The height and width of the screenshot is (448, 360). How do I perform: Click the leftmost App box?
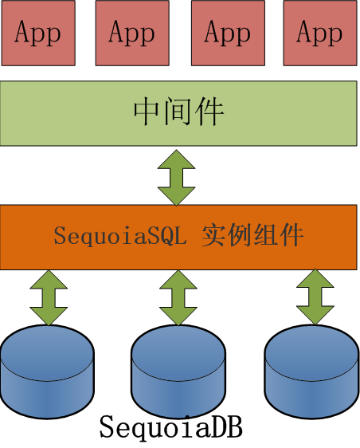pyautogui.click(x=38, y=33)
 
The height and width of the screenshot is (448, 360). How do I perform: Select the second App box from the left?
pyautogui.click(x=132, y=33)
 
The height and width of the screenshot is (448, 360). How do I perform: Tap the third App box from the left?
pyautogui.click(x=228, y=33)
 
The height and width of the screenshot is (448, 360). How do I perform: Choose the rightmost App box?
pyautogui.click(x=320, y=33)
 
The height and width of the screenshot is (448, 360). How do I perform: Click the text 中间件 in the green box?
pyautogui.click(x=178, y=112)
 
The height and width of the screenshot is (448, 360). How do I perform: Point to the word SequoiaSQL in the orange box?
pyautogui.click(x=120, y=236)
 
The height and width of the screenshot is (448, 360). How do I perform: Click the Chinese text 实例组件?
pyautogui.click(x=252, y=235)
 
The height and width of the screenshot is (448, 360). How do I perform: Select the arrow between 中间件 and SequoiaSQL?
pyautogui.click(x=177, y=178)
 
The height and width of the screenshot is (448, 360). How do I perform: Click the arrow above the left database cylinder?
pyautogui.click(x=49, y=297)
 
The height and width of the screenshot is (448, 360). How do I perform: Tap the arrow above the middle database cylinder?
pyautogui.click(x=178, y=297)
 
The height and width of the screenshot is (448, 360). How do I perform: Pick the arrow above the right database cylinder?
pyautogui.click(x=315, y=297)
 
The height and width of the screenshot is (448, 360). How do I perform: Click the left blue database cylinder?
pyautogui.click(x=47, y=371)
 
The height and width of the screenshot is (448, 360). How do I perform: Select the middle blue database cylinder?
pyautogui.click(x=178, y=371)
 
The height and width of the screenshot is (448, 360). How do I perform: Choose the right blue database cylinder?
pyautogui.click(x=311, y=371)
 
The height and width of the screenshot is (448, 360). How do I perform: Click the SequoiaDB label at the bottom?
pyautogui.click(x=171, y=427)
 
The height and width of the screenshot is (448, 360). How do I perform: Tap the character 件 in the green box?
pyautogui.click(x=209, y=112)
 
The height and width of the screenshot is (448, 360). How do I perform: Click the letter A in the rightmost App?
pyautogui.click(x=304, y=31)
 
